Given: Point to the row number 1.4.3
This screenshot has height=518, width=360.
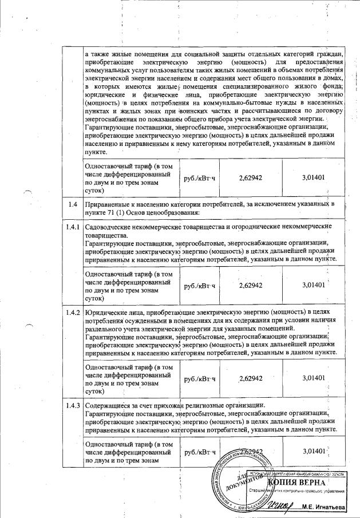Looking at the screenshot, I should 72,408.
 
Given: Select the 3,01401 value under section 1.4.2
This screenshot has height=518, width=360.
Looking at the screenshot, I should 313,378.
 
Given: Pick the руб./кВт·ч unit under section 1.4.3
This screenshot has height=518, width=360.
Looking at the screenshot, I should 199,452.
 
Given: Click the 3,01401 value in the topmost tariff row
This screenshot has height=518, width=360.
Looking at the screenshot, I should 313,177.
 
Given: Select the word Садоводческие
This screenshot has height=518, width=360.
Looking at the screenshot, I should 109,227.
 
